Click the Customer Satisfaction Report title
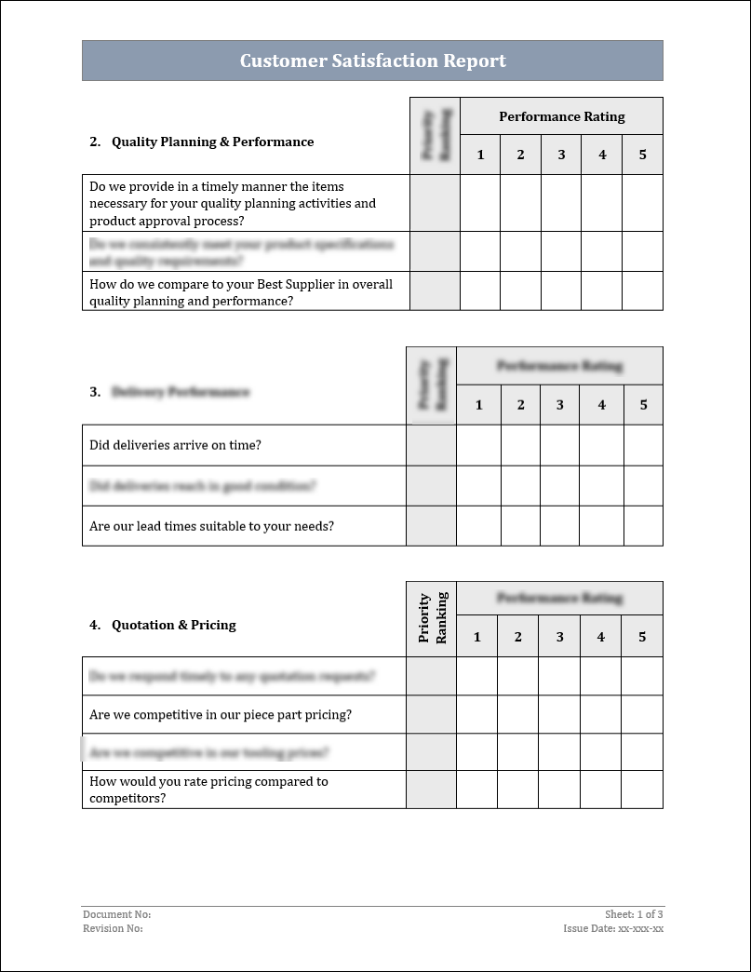372,61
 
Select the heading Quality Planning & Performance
212,142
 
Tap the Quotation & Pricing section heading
173,625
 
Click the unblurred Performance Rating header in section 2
561,116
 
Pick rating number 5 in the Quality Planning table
642,155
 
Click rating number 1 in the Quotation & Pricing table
476,637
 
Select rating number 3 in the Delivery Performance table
560,405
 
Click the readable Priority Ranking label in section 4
432,618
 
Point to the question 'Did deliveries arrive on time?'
175,445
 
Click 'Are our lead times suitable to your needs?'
211,526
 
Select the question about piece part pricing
220,715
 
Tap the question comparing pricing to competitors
208,790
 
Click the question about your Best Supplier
240,292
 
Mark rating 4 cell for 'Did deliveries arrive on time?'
601,445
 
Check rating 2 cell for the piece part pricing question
517,715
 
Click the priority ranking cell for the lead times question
432,526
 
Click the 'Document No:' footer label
116,914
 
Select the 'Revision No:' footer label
113,928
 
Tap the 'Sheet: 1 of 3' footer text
634,914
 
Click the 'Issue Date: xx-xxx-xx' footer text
613,928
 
